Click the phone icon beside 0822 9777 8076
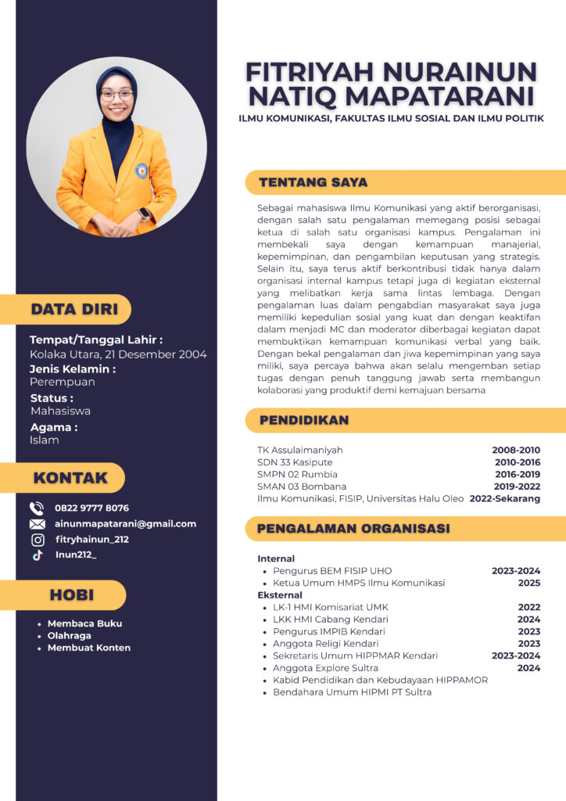click(x=37, y=508)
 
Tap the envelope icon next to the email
click(x=37, y=524)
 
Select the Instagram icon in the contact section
click(x=37, y=540)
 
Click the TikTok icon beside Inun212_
click(x=37, y=555)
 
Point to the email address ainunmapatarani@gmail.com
click(x=125, y=524)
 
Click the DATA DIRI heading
click(x=74, y=309)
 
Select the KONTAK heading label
click(x=70, y=478)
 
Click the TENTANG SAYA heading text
click(x=313, y=182)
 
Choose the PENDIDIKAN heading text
click(x=304, y=420)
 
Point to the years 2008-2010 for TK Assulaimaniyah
click(x=516, y=451)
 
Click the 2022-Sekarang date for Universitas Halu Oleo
click(x=505, y=498)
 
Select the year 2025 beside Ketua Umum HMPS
click(x=528, y=583)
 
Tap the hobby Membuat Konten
click(x=88, y=648)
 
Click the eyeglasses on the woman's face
click(x=116, y=95)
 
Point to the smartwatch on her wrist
click(x=144, y=214)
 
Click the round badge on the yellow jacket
click(x=141, y=170)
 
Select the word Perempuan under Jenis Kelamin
click(x=63, y=383)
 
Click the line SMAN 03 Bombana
click(x=302, y=487)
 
